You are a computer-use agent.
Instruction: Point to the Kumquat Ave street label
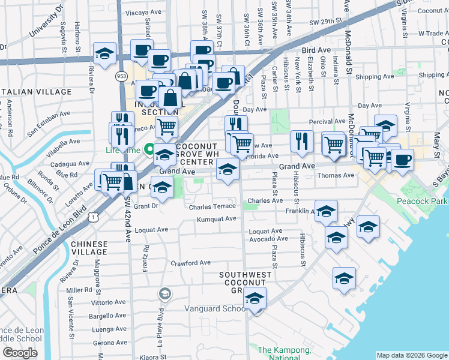(x=217, y=219)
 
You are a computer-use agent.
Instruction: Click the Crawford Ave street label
(x=191, y=263)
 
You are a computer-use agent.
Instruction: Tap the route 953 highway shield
(x=121, y=76)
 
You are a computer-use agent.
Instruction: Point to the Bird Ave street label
(x=317, y=50)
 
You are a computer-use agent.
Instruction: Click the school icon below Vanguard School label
(x=255, y=298)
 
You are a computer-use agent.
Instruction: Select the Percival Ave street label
(x=327, y=122)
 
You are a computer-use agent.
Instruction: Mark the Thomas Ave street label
(x=336, y=175)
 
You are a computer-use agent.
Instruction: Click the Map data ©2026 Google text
(x=411, y=355)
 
